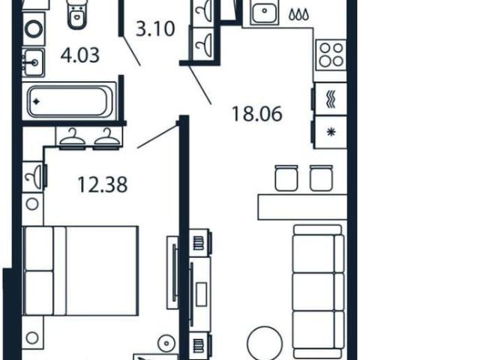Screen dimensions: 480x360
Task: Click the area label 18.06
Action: pos(256,114)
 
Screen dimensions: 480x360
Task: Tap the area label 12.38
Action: pos(103,185)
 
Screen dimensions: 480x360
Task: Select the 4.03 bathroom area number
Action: pos(80,55)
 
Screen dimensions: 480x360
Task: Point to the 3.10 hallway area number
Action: pos(155,29)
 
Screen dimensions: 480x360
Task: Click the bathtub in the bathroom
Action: pos(70,101)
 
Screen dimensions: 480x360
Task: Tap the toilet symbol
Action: pos(76,15)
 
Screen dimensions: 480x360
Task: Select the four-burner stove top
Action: pos(331,55)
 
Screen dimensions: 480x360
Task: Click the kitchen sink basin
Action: pos(264,12)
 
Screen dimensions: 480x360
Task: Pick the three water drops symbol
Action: pos(298,14)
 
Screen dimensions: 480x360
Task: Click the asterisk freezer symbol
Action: pos(331,132)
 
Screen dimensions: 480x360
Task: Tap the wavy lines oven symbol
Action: pos(331,99)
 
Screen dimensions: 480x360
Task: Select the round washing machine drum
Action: pos(33,30)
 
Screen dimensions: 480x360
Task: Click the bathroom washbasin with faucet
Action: pos(33,62)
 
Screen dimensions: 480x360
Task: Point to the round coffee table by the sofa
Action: pos(265,343)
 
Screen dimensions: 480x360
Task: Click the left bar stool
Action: pos(286,178)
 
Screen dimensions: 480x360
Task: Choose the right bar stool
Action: pos(321,178)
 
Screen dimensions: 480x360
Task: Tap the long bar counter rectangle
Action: pos(302,207)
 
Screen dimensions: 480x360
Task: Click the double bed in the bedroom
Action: pos(80,271)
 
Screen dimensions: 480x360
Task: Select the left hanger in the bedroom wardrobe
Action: pos(72,137)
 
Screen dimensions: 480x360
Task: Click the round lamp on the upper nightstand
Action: pos(32,204)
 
